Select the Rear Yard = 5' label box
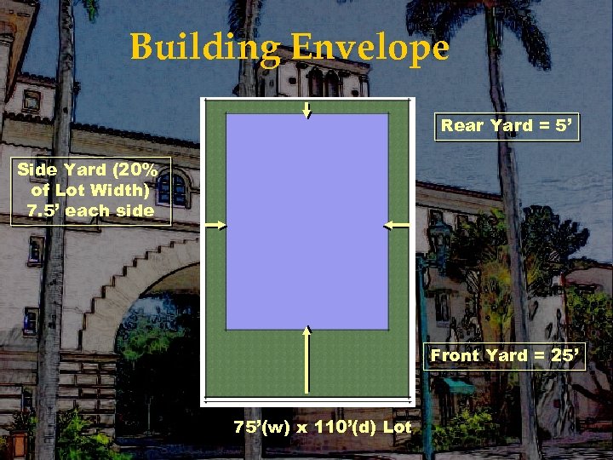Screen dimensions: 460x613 click(508, 126)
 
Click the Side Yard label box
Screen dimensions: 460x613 click(91, 190)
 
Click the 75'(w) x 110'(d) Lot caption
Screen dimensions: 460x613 click(323, 427)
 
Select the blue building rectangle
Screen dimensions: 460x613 click(306, 221)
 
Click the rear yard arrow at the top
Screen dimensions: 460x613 click(306, 108)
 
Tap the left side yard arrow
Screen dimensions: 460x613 click(215, 225)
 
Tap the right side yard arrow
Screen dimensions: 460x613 click(398, 225)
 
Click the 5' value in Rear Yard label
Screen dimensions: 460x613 click(564, 126)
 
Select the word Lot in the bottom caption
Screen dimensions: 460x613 click(397, 427)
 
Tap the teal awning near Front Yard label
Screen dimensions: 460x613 click(458, 386)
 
